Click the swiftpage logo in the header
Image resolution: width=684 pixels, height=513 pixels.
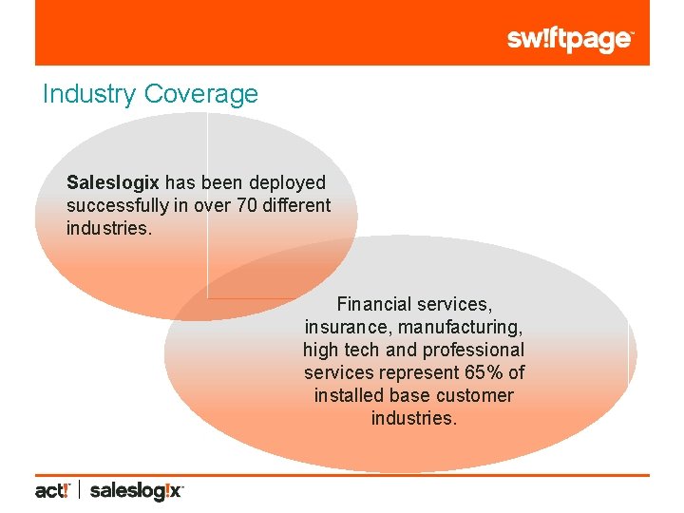click(569, 40)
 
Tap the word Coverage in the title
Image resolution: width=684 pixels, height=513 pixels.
click(199, 94)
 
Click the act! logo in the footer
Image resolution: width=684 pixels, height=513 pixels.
click(52, 491)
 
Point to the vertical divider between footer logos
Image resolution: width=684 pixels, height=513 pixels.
click(79, 491)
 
